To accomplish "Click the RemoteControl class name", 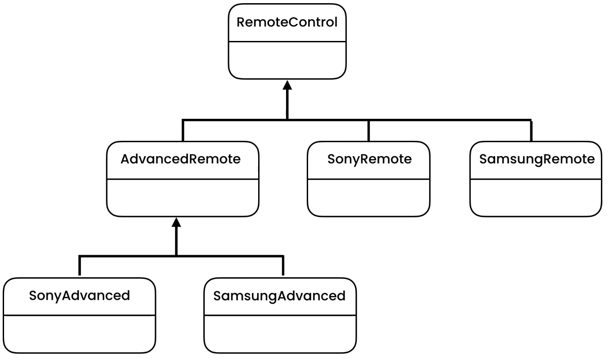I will point(287,22).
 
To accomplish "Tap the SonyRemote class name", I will point(368,159).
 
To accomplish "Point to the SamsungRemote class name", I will point(536,159).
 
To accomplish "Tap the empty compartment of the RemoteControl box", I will point(287,60).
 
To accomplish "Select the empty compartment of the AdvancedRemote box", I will point(182,197).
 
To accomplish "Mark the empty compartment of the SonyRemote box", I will point(368,197).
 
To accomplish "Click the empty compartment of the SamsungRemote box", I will point(536,197).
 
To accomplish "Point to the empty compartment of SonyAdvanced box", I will point(79,334).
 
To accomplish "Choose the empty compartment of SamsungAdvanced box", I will point(279,334).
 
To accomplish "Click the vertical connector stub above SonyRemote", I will point(368,130).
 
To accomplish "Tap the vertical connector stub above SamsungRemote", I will point(531,130).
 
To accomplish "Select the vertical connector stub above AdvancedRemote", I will point(183,130).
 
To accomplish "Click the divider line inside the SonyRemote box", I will point(368,179).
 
